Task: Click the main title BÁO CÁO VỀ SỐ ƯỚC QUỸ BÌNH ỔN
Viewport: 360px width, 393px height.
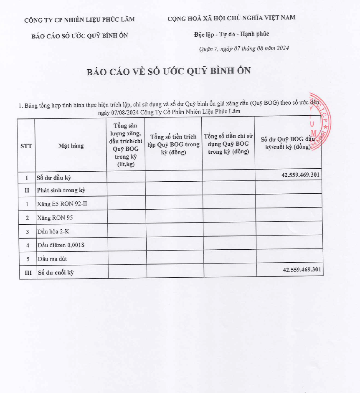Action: [169, 71]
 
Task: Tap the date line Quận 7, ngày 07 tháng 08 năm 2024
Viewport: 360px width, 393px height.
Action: [244, 48]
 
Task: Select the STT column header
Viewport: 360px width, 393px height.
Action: [26, 146]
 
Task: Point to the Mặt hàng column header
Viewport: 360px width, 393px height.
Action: [71, 146]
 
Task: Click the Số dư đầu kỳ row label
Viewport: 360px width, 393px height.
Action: [54, 177]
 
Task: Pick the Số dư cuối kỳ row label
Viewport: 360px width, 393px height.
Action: [56, 273]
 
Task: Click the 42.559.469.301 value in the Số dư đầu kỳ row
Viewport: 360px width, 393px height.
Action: [301, 175]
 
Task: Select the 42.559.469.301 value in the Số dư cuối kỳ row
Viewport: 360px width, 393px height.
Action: [302, 270]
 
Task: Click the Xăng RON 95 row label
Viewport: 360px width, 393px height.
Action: [55, 218]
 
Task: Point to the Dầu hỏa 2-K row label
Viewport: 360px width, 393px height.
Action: [53, 231]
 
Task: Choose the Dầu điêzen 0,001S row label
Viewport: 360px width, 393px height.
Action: [61, 245]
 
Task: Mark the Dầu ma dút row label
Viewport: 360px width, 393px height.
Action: [52, 259]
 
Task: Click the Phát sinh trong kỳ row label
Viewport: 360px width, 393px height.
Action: [61, 190]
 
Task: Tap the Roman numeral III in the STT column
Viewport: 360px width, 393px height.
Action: [28, 273]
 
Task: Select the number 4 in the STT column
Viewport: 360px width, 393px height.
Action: [28, 245]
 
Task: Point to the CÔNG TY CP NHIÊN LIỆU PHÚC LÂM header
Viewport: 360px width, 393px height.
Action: [79, 19]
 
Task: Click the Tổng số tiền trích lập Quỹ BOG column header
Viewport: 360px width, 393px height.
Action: [173, 145]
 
